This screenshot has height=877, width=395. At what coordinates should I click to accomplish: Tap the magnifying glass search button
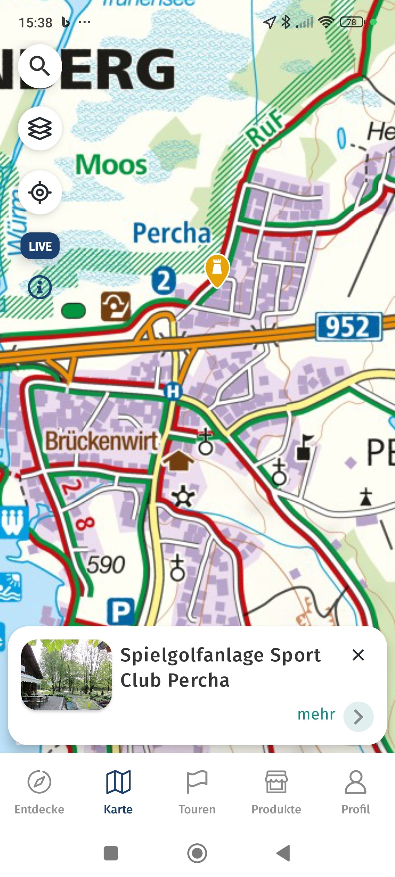point(40,66)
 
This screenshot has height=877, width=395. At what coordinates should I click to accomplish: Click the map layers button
point(40,128)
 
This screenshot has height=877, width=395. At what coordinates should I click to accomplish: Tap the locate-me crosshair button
point(40,192)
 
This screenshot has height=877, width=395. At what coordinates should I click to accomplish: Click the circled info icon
point(39,287)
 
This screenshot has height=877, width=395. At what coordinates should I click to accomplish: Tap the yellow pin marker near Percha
point(217,269)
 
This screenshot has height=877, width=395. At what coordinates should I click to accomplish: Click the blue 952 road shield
point(348,326)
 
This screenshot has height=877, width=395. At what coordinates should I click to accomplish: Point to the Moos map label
point(111,164)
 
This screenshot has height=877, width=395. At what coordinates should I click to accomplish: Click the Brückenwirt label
point(101,441)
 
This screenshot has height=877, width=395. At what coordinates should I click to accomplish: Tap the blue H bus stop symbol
point(173,391)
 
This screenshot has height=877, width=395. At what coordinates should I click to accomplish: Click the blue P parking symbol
point(121,611)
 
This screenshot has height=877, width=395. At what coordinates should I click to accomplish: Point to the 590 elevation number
point(106,565)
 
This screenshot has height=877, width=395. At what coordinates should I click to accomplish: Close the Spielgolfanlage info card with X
point(358,655)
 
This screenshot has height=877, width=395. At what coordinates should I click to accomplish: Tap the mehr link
point(316,714)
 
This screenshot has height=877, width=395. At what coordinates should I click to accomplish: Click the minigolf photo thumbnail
point(67,675)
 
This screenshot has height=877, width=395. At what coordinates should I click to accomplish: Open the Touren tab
point(197,791)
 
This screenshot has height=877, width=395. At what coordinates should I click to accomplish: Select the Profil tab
point(355,791)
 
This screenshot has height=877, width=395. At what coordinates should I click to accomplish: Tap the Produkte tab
point(276,791)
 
